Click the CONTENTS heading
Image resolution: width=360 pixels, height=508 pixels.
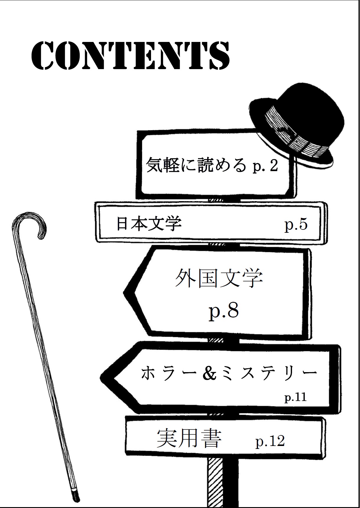point(130,56)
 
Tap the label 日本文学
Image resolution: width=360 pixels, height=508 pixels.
point(149,224)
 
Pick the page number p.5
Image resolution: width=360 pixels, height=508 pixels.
point(296,225)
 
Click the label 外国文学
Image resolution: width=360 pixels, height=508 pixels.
point(219,278)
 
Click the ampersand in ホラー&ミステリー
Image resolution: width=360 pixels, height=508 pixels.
point(210,373)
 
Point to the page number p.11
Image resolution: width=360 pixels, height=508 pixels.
point(296,397)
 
